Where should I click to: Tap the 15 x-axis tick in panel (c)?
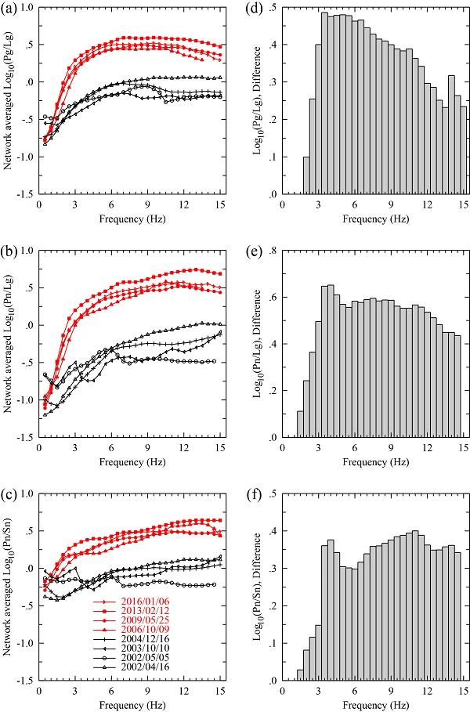click(221, 692)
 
